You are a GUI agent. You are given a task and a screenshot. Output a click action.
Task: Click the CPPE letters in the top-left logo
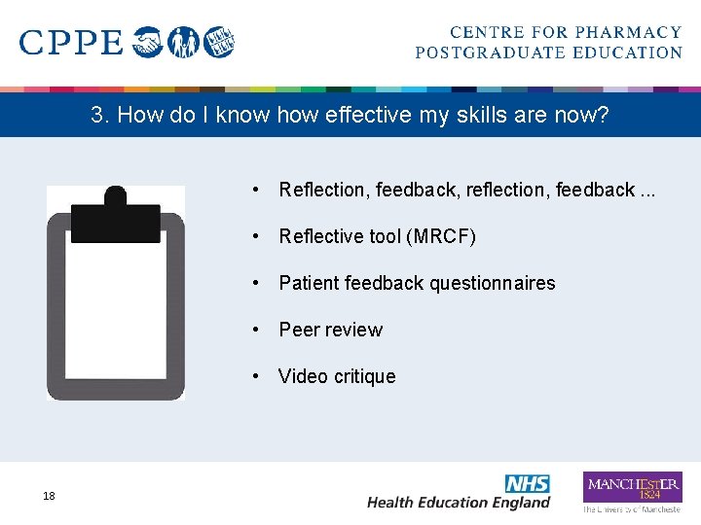[71, 43]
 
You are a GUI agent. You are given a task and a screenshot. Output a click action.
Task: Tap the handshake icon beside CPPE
[148, 43]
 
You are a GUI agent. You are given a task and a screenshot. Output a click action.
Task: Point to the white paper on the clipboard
[116, 311]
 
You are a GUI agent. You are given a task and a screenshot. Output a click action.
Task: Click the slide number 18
[49, 497]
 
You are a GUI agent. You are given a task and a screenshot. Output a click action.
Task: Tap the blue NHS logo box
[527, 483]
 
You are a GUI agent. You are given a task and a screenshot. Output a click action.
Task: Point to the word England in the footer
[521, 503]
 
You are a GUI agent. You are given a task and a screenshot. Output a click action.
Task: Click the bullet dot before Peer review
[254, 330]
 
